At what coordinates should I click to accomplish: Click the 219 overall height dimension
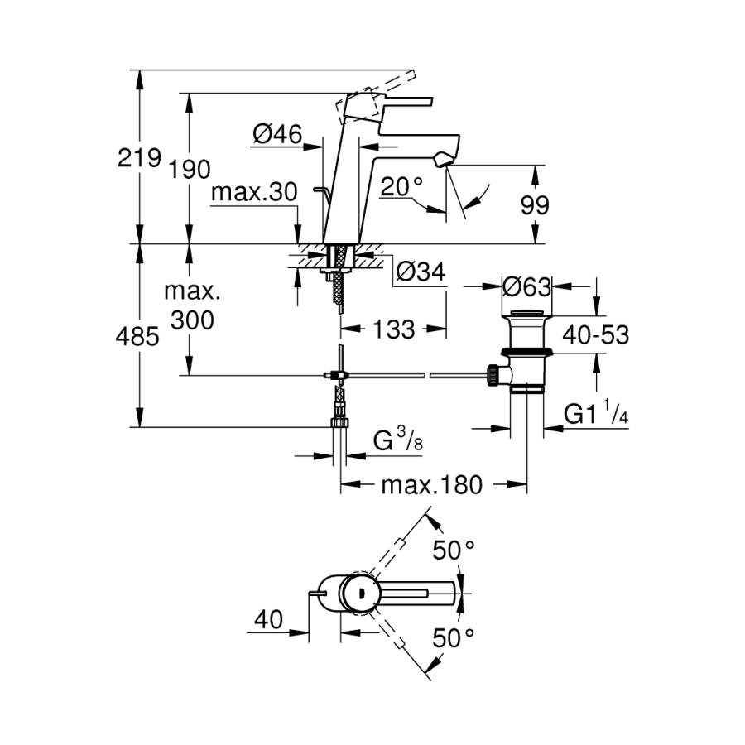click(x=138, y=158)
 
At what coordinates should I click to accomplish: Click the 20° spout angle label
click(x=402, y=187)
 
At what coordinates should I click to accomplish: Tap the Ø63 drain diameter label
click(x=526, y=287)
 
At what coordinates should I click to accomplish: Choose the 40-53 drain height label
click(x=596, y=334)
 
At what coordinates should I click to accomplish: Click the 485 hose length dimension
click(x=138, y=337)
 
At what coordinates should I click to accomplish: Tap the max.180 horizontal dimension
click(x=431, y=485)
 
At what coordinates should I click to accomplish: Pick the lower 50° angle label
click(x=456, y=637)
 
